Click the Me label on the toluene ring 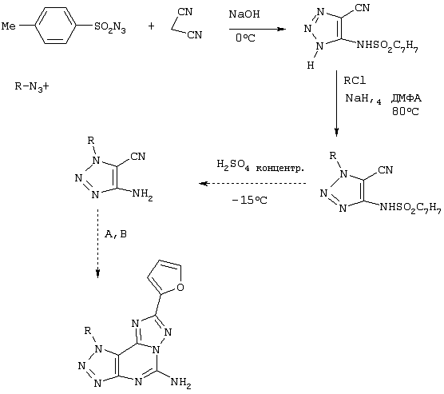9,26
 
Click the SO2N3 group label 110,28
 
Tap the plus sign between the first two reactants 151,26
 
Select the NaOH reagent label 244,14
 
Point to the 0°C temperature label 245,38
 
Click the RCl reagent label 355,81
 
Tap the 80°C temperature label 405,111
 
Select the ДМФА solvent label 406,98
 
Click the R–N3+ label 32,86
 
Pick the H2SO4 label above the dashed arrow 233,165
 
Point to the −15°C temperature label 249,200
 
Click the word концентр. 279,169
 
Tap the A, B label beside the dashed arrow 116,234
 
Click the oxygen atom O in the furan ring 180,288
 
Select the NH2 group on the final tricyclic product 181,383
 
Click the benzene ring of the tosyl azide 55,26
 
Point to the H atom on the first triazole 311,66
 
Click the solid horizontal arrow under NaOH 257,29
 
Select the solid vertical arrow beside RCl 336,103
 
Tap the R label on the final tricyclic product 88,330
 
